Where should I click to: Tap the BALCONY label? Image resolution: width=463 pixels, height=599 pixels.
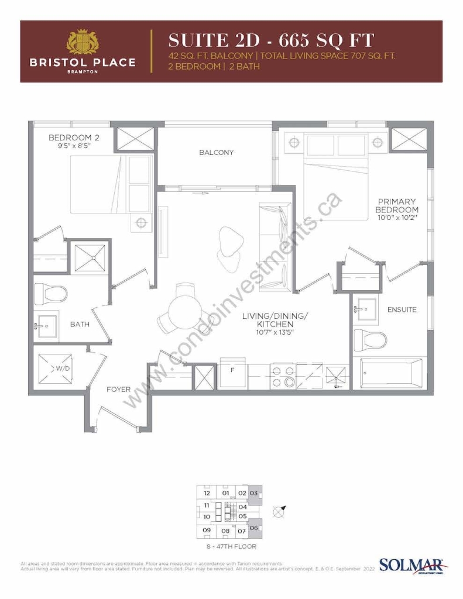pos(216,153)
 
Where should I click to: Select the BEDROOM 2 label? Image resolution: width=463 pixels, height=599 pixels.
pos(70,137)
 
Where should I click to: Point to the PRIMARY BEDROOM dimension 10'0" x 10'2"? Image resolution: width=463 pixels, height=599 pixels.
pos(397,218)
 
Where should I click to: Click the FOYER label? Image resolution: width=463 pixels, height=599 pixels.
pos(118,389)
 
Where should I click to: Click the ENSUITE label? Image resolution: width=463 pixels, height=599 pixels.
pos(402,309)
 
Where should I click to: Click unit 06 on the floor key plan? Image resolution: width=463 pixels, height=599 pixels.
pos(253,528)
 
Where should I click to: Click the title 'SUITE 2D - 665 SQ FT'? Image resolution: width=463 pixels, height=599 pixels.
pos(271,41)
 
